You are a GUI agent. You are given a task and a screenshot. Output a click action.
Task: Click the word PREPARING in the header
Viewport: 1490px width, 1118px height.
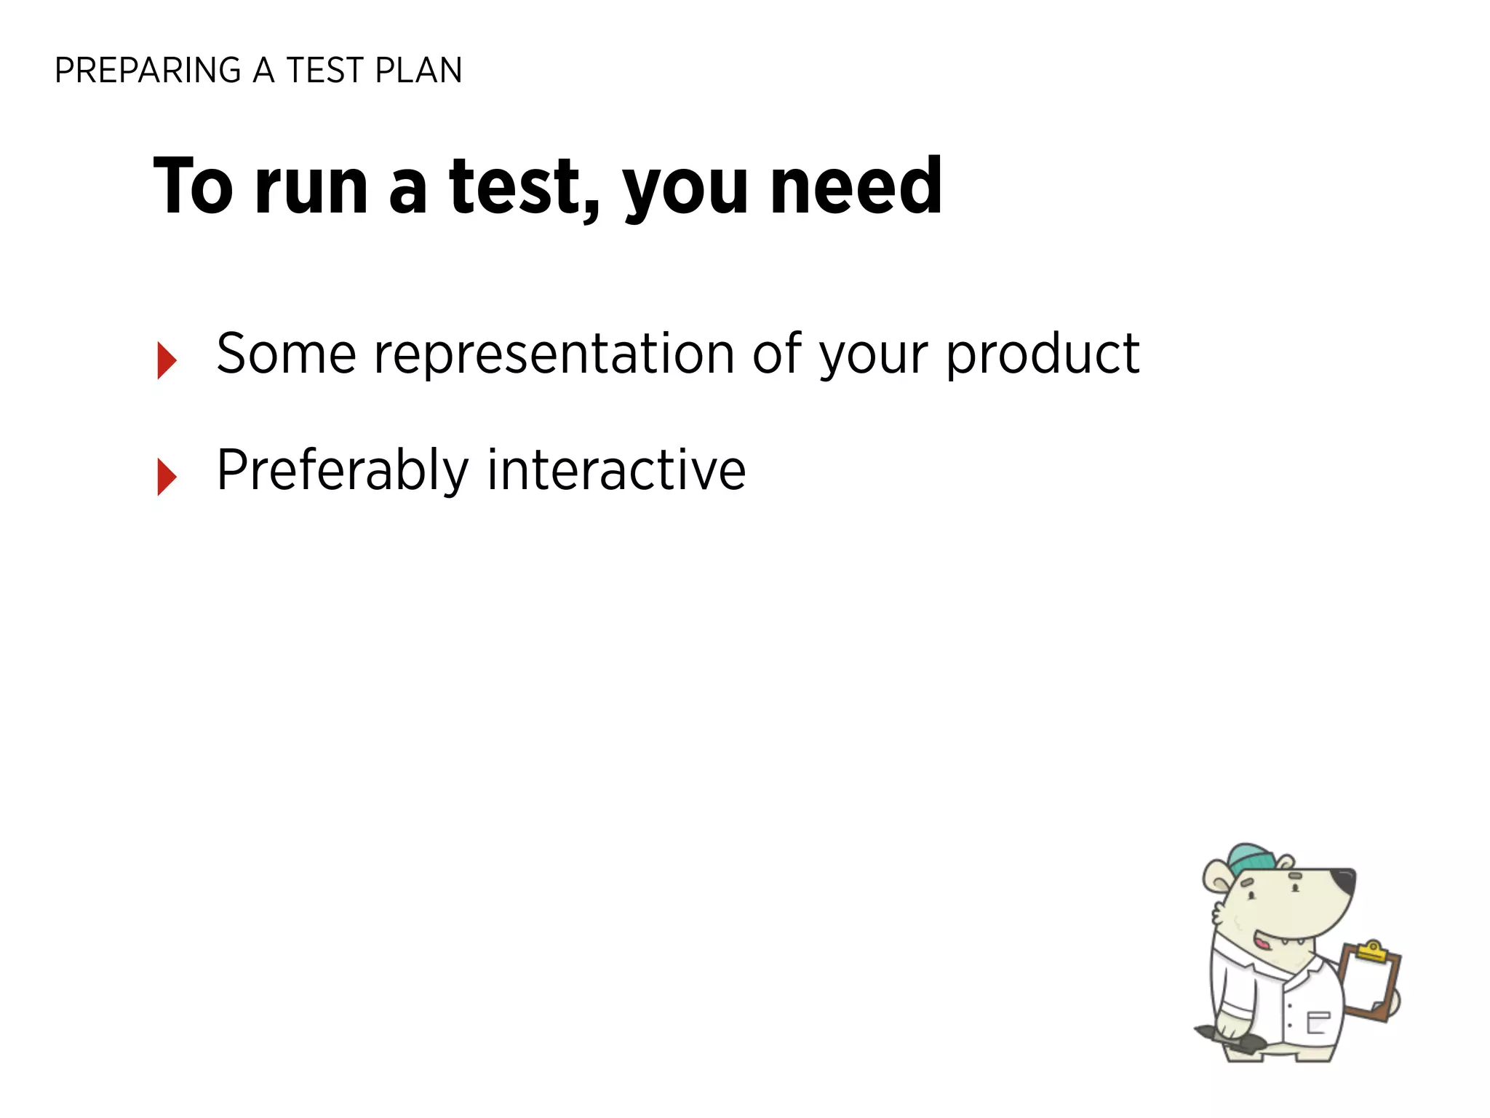pos(148,71)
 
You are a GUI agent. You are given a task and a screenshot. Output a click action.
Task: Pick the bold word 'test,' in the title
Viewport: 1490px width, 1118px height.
pos(525,188)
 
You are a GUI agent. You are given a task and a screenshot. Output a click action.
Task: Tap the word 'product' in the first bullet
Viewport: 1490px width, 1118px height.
pos(1043,355)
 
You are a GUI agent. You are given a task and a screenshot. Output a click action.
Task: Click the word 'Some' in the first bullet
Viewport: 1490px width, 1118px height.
pos(286,354)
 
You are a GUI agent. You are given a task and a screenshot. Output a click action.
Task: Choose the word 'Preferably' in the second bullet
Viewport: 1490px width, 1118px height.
pos(343,472)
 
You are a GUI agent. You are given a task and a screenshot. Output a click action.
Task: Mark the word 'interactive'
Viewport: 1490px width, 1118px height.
pos(616,470)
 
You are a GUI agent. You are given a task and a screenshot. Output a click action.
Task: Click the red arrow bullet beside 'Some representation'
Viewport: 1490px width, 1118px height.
pos(167,360)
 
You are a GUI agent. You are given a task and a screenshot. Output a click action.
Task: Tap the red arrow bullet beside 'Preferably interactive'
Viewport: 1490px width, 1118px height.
pos(167,477)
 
